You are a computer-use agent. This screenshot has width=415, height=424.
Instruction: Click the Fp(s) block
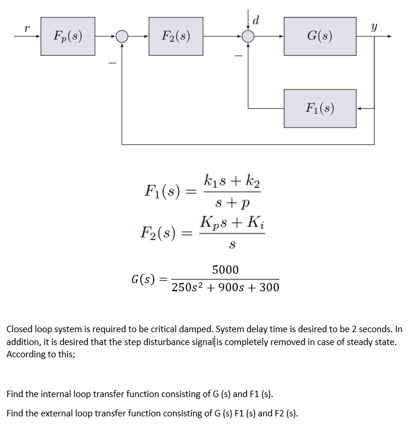click(68, 36)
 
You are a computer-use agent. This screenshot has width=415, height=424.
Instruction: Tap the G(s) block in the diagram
click(320, 36)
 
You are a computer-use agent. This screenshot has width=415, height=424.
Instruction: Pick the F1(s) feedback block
click(320, 108)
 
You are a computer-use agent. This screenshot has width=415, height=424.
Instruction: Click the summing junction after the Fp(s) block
click(122, 36)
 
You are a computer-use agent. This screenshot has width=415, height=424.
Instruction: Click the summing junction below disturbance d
click(248, 36)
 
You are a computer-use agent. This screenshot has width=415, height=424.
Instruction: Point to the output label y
click(373, 26)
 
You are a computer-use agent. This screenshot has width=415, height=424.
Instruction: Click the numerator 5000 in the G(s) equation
click(225, 270)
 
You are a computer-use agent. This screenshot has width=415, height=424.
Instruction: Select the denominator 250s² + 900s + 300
click(225, 287)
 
